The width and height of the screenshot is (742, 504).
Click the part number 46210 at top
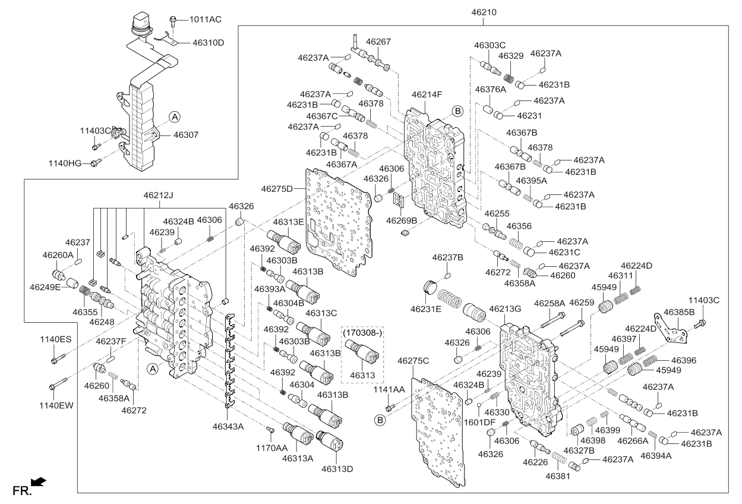point(484,12)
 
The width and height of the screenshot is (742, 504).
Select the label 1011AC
point(205,20)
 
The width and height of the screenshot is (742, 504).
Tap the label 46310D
point(209,43)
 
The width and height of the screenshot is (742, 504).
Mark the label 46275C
point(413,361)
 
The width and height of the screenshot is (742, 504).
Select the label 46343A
point(228,426)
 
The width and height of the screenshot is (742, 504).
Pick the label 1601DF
point(479,422)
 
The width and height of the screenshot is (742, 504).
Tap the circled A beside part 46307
point(173,117)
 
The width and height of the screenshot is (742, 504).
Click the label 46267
point(378,42)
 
